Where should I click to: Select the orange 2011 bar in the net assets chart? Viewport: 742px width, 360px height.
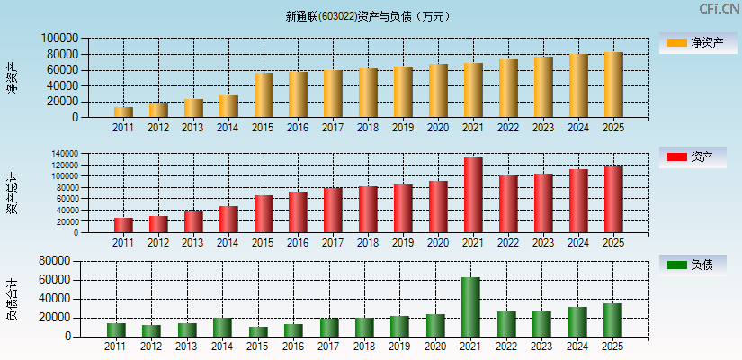point(123,112)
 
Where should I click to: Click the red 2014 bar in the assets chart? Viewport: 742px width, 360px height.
point(228,220)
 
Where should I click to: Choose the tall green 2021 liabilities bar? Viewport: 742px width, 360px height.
point(470,307)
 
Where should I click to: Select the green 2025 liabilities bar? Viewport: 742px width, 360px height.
point(612,319)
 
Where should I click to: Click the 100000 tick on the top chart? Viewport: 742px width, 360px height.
point(59,39)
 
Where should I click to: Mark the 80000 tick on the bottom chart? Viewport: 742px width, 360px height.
point(56,261)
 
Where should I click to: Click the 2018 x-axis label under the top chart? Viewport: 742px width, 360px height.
point(367,128)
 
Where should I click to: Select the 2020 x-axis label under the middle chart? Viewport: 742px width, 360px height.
point(438,243)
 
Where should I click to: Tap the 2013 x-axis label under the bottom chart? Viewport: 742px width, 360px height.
point(185,346)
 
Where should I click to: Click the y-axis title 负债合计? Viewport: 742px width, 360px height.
point(12,300)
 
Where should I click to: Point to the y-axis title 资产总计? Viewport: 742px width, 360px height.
point(12,192)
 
